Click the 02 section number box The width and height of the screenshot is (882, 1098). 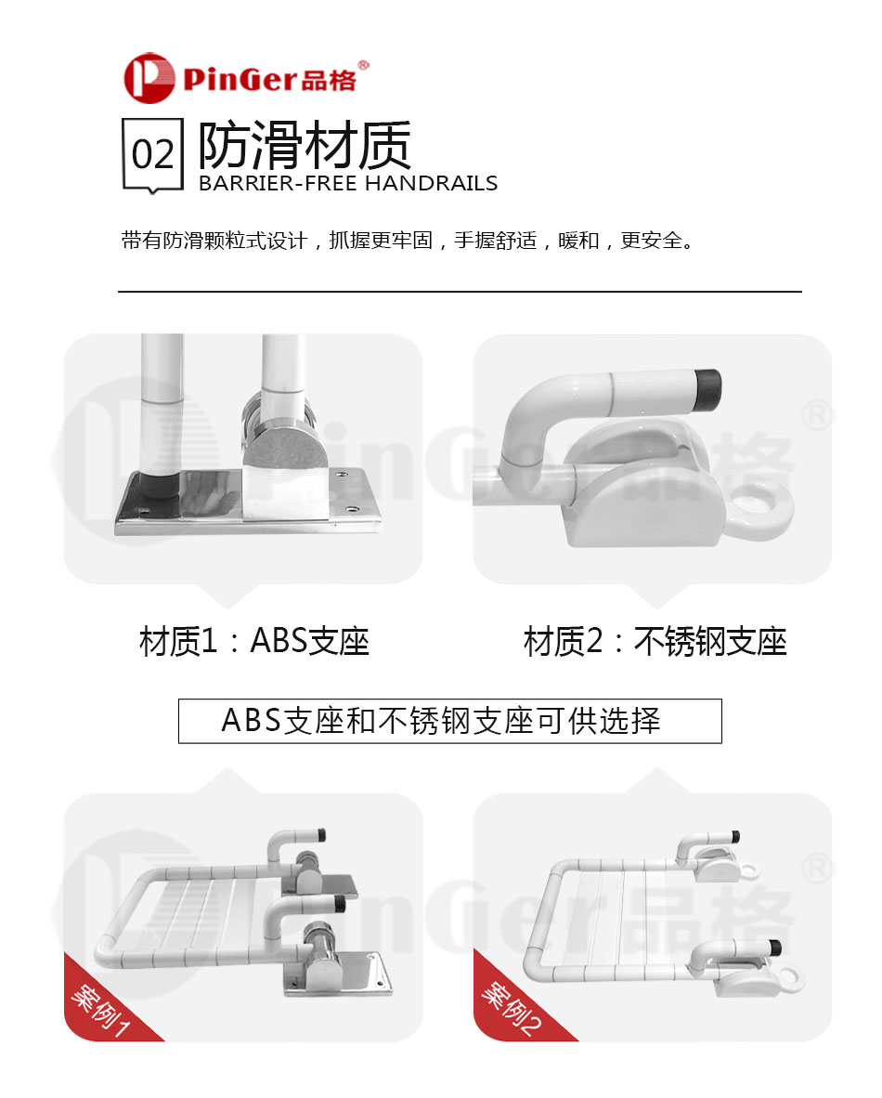[152, 154]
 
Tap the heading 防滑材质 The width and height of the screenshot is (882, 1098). [305, 145]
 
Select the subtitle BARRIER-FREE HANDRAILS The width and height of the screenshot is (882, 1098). [348, 183]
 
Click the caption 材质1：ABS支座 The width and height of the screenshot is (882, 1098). [254, 641]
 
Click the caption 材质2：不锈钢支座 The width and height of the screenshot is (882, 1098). [655, 641]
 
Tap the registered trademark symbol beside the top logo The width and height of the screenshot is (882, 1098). [363, 65]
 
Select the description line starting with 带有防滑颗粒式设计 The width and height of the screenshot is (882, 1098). [408, 242]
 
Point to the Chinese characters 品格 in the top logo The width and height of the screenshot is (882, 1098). [329, 81]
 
